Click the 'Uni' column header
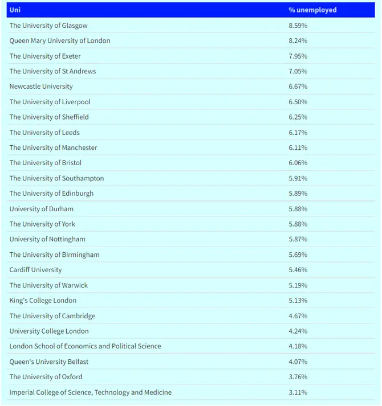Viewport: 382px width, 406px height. tap(14, 10)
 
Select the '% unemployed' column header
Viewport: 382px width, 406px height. tap(312, 10)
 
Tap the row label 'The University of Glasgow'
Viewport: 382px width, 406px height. tap(48, 26)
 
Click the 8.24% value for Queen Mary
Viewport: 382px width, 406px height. tap(298, 41)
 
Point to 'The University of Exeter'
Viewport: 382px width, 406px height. tap(45, 56)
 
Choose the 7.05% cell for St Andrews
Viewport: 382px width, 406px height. tap(298, 71)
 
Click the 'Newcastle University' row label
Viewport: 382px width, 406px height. tap(41, 87)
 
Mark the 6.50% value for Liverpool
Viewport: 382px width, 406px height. tap(298, 102)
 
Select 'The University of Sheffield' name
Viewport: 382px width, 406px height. tap(49, 117)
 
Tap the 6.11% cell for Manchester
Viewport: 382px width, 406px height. tap(298, 147)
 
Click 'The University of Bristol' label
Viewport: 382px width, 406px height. tap(46, 163)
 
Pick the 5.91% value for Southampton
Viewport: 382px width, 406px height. tap(298, 178)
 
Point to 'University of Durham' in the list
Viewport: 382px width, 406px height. tap(41, 209)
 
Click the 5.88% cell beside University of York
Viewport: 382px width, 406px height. tap(298, 224)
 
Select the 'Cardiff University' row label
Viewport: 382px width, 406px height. tap(35, 270)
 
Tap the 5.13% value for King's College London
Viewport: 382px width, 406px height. tap(298, 301)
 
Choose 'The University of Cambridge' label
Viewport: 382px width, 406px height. tap(52, 316)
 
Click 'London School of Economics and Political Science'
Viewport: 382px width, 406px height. tap(85, 346)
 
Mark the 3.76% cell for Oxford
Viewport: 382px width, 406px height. tap(298, 377)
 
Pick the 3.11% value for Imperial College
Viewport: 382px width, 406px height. tap(298, 392)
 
